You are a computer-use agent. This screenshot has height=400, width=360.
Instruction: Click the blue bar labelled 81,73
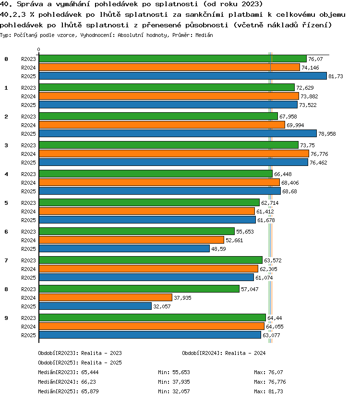tap(183, 76)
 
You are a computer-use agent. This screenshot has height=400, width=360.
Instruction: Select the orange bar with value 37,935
tap(106, 297)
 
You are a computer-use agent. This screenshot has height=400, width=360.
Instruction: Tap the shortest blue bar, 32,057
tap(95, 306)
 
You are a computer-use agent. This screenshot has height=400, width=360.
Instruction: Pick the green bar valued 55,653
tap(137, 231)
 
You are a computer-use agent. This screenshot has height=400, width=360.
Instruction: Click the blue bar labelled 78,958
tap(178, 133)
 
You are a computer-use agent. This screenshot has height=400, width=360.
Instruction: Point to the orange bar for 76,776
tap(174, 153)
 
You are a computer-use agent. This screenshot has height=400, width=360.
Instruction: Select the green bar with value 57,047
tap(139, 289)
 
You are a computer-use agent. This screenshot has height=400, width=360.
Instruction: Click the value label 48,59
tap(218, 249)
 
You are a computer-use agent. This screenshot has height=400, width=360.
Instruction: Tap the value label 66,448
tap(283, 174)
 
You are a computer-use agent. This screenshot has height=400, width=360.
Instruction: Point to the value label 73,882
tap(309, 96)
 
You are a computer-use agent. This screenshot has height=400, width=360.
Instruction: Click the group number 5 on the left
tap(6, 203)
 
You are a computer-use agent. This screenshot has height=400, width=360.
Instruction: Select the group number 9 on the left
tap(6, 318)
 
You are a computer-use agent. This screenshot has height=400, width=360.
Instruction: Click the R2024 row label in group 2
tap(28, 125)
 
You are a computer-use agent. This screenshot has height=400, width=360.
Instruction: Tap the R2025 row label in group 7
tap(28, 278)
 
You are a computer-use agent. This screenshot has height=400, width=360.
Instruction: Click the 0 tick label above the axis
tap(38, 49)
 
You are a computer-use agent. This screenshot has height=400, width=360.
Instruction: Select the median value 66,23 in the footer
tap(88, 382)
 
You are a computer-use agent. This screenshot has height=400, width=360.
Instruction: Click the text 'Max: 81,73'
tap(268, 391)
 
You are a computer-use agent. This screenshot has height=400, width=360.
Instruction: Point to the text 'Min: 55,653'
tap(174, 372)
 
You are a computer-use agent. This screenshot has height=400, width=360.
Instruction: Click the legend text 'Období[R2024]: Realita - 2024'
tap(224, 353)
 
